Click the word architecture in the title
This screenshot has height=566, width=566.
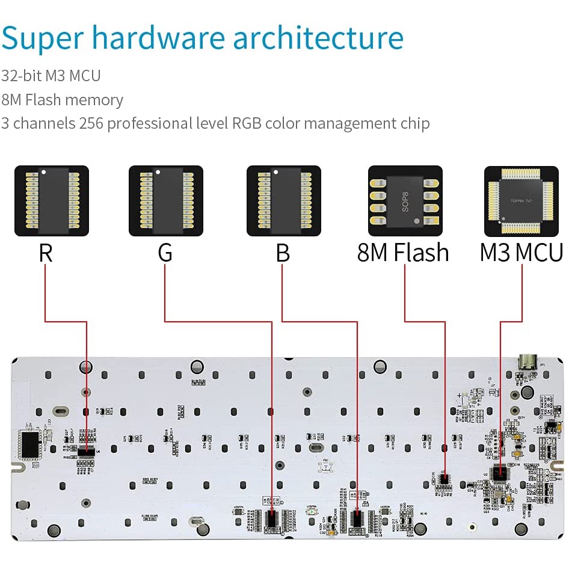pyautogui.click(x=318, y=37)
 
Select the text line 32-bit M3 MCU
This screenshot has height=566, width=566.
pyautogui.click(x=51, y=76)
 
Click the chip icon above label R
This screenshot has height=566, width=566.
pyautogui.click(x=52, y=201)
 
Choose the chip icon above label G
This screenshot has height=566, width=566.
pyautogui.click(x=166, y=201)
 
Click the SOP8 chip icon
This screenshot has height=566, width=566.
pyautogui.click(x=405, y=201)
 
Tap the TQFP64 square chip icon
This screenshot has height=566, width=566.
pyautogui.click(x=521, y=201)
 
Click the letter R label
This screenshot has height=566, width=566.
pyautogui.click(x=46, y=253)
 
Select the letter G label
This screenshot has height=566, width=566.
pyautogui.click(x=165, y=253)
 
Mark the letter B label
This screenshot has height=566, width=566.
pyautogui.click(x=283, y=253)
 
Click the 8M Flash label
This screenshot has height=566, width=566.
pyautogui.click(x=403, y=253)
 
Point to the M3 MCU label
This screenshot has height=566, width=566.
pyautogui.click(x=521, y=253)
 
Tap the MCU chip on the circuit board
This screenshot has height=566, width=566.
pyautogui.click(x=499, y=473)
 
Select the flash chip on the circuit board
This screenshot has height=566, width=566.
pyautogui.click(x=444, y=479)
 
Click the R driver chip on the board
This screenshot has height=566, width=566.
pyautogui.click(x=87, y=451)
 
